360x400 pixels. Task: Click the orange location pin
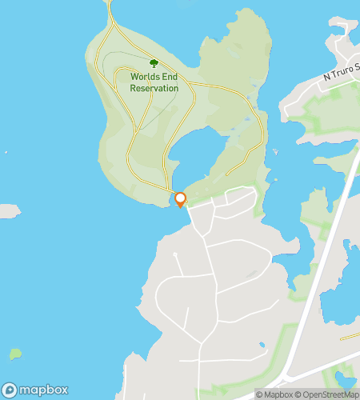181,199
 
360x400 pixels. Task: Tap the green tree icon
154,62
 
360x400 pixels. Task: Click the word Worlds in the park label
146,78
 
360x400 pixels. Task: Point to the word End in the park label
170,78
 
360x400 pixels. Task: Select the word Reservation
154,88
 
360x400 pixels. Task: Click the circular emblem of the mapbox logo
10,390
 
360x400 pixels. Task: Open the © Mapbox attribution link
275,394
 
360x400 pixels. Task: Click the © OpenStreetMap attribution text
326,394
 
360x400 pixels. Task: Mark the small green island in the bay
15,353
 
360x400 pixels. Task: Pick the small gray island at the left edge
7,211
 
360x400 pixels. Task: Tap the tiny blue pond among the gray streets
262,346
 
